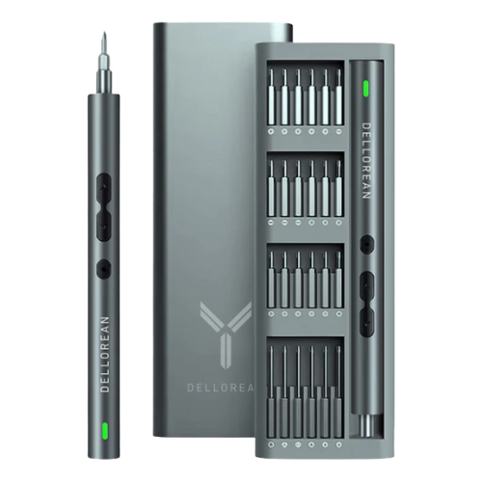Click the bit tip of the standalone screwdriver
[x=104, y=33]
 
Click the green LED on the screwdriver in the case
[x=365, y=89]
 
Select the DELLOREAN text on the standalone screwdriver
[x=105, y=354]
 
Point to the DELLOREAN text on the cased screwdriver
[x=366, y=161]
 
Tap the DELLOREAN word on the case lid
[x=221, y=388]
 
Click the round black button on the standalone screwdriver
[x=104, y=267]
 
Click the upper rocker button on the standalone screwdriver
[x=104, y=187]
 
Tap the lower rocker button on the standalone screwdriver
[x=104, y=224]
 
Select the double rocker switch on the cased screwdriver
[x=366, y=305]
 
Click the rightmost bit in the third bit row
[x=338, y=280]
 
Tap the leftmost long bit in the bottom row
[x=271, y=391]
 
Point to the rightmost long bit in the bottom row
[x=338, y=391]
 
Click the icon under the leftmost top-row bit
[x=271, y=131]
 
